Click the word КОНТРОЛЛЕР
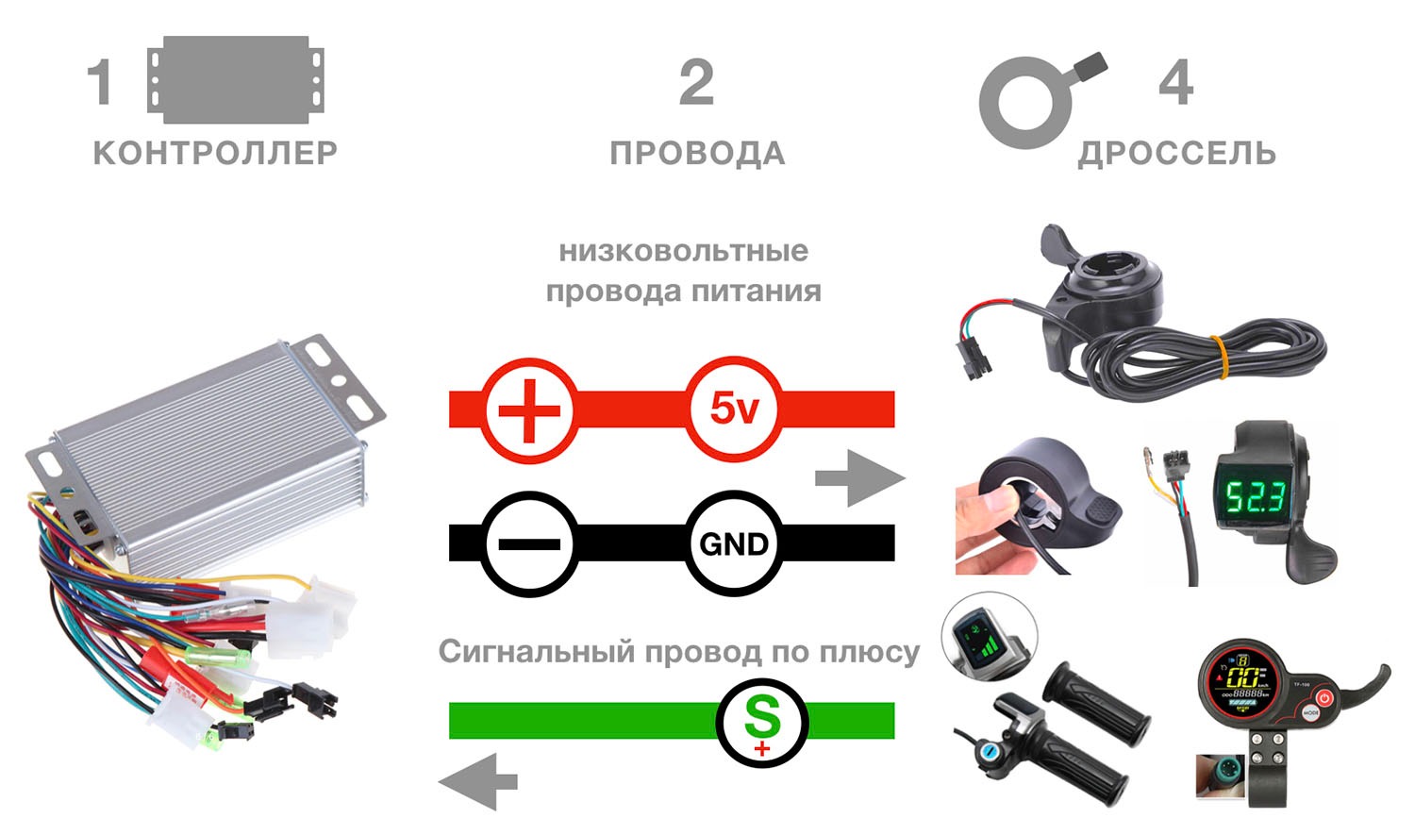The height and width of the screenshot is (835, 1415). click(215, 153)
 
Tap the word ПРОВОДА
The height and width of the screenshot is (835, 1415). click(697, 154)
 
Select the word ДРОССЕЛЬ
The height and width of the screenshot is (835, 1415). click(1177, 154)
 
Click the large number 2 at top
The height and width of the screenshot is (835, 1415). click(697, 82)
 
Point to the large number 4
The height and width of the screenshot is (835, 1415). click(1176, 82)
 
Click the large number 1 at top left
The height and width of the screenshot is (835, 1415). click(100, 82)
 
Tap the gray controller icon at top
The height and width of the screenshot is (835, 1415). click(236, 79)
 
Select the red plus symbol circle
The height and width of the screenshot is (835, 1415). click(529, 410)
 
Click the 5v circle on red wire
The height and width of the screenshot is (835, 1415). click(734, 409)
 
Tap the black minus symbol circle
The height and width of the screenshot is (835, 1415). click(529, 544)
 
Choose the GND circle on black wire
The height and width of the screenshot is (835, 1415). click(734, 543)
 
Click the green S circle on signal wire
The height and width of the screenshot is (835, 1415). click(762, 723)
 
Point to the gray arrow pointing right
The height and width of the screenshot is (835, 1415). click(860, 478)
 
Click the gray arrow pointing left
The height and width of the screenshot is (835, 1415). click(478, 782)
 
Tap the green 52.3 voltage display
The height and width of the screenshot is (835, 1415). click(1257, 497)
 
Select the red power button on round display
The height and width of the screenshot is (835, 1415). click(1324, 698)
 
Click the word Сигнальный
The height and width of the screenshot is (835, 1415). click(537, 652)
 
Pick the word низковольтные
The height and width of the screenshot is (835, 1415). click(684, 251)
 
